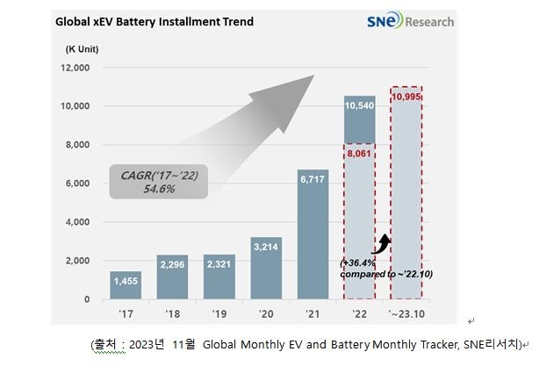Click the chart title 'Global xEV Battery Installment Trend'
155,21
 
